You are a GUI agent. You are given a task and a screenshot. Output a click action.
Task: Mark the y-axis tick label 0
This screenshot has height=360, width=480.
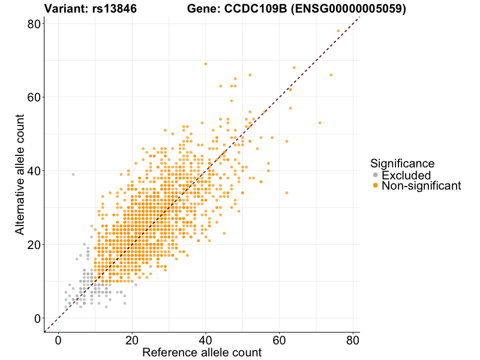click(36, 318)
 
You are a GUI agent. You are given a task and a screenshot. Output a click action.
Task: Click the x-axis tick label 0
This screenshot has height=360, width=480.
click(58, 340)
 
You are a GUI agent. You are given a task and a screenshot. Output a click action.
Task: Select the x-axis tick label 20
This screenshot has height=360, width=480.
click(132, 340)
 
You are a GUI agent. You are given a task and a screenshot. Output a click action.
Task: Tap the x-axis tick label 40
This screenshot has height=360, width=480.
click(206, 340)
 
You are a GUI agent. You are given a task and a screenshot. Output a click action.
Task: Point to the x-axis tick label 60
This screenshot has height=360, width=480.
click(280, 340)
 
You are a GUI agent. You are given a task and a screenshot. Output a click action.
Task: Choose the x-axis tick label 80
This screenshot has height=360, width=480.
click(353, 340)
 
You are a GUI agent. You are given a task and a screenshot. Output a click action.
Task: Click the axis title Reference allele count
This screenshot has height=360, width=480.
click(202, 353)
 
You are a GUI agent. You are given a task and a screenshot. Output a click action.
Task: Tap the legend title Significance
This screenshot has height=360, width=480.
click(402, 163)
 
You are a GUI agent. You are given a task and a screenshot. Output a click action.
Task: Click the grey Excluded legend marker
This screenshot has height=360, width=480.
click(376, 175)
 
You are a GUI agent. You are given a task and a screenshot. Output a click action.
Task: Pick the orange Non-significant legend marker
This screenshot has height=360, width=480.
click(376, 186)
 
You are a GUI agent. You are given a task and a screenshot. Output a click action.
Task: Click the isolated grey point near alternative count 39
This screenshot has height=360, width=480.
click(73, 175)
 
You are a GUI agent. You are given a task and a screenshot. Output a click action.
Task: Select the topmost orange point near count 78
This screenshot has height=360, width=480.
click(338, 31)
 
